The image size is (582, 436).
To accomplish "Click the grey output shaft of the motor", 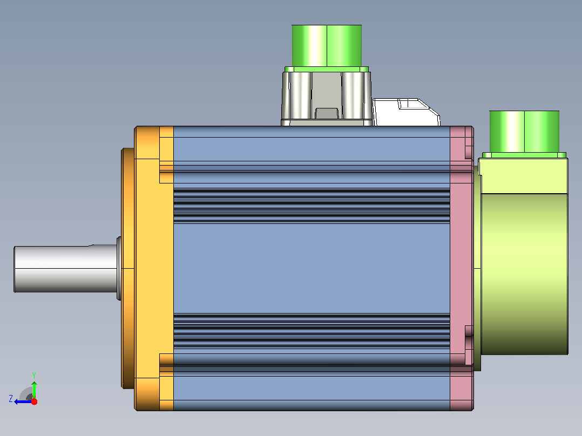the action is pos(66,269).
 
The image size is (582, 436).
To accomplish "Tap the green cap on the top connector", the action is pos(327,46).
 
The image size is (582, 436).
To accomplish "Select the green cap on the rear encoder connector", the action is pos(524,132).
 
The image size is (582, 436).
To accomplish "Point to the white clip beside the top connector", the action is pos(407,112).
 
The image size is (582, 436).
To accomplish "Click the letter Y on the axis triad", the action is pos(34,375).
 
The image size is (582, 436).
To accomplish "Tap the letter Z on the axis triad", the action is pos(11,399).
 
